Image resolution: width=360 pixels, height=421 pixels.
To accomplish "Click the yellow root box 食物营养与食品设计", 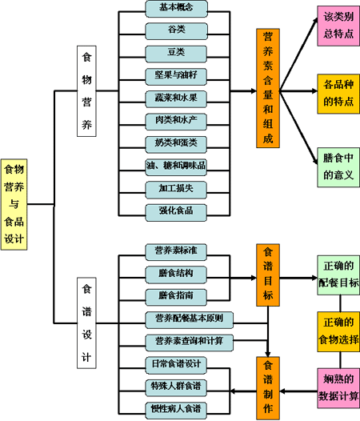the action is click(x=14, y=204).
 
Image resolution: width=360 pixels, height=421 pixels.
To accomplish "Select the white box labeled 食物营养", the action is click(x=86, y=91).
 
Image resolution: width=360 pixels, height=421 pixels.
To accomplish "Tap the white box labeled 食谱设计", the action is click(x=86, y=323).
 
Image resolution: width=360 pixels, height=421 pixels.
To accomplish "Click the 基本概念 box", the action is click(x=176, y=9).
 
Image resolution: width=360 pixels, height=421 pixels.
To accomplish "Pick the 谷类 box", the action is click(x=176, y=31).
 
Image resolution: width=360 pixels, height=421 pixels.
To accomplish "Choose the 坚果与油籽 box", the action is click(x=176, y=77).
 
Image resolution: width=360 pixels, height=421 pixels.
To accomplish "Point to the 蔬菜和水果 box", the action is click(x=176, y=99).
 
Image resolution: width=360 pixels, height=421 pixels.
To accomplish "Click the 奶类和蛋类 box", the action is click(x=176, y=144).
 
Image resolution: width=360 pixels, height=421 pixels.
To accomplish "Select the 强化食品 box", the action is click(x=176, y=213).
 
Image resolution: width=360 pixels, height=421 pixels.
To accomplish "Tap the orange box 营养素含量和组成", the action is click(x=268, y=88).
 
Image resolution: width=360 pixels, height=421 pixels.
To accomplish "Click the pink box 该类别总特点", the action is click(x=338, y=26).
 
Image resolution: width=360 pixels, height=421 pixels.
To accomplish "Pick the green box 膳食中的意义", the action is click(x=338, y=167).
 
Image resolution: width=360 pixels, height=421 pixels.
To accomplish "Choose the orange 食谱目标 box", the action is click(x=268, y=275).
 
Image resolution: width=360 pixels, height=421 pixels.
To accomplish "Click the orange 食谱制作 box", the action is click(x=268, y=388).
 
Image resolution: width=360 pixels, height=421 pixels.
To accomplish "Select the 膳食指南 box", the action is click(x=176, y=297).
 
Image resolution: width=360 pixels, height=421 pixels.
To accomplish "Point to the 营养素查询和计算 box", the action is click(x=190, y=343).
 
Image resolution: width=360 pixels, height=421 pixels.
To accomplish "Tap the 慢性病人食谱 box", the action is click(x=176, y=411).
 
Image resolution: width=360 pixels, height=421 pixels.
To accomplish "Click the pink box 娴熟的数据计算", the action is click(x=338, y=388).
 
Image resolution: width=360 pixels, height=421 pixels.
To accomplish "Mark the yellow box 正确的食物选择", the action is click(x=338, y=331).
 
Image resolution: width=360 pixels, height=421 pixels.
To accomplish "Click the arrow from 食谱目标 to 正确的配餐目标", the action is click(x=298, y=278).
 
